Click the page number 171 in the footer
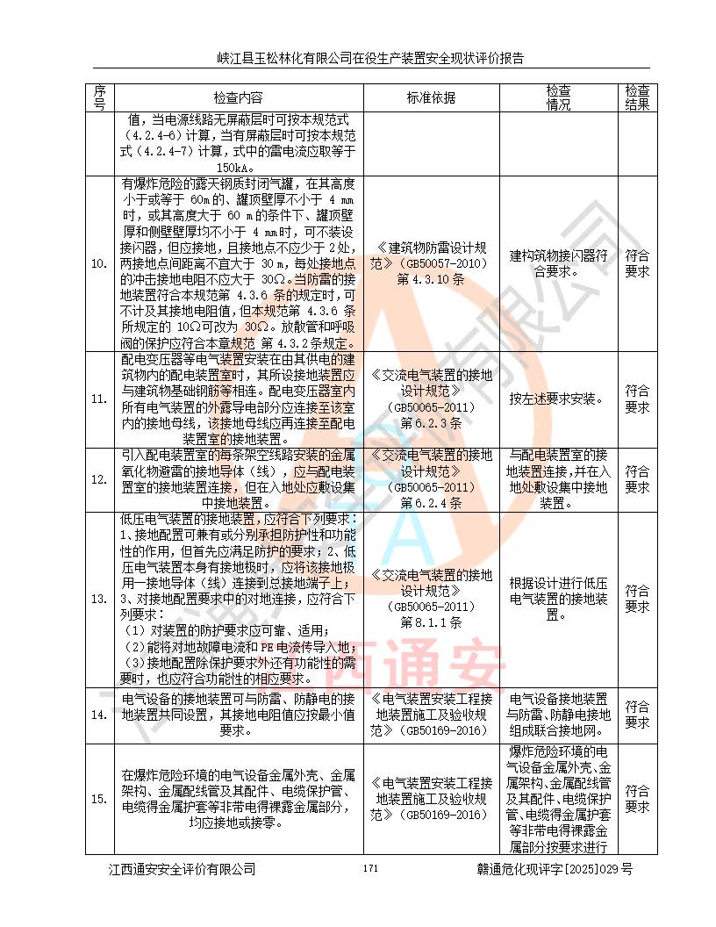tap(369, 868)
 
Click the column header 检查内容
tap(238, 97)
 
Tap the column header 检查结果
tap(637, 97)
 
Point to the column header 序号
tap(100, 97)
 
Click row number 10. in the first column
tap(100, 263)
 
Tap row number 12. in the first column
tap(100, 479)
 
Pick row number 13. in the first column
tap(100, 599)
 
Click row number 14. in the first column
tap(100, 715)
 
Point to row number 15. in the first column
tap(100, 799)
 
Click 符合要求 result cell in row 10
tap(637, 263)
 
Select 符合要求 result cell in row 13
tap(637, 599)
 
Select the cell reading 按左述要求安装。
tap(559, 399)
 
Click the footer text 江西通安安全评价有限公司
tap(182, 869)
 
